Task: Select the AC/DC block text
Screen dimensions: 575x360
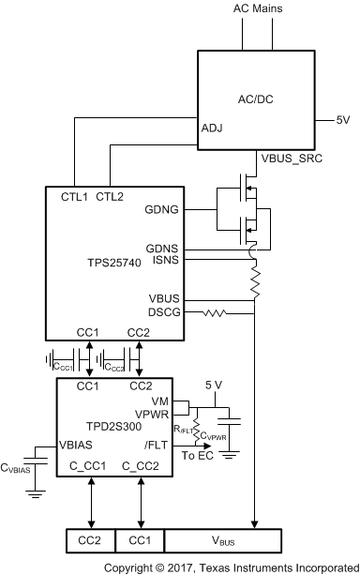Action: point(256,98)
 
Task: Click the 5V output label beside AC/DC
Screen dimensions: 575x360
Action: point(344,120)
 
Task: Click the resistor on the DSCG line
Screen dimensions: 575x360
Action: point(218,311)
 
